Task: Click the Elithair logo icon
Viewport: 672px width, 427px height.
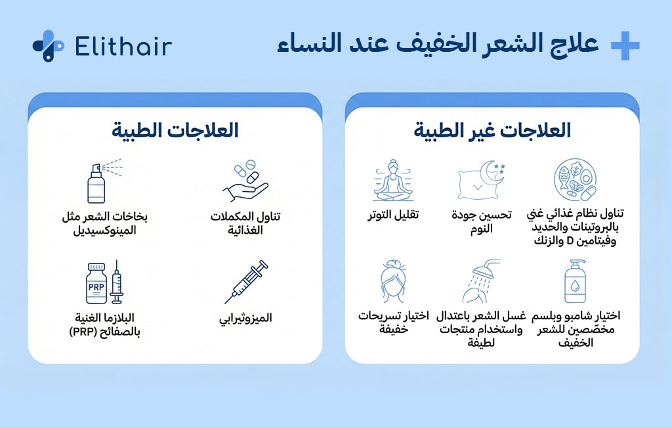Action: [x=48, y=46]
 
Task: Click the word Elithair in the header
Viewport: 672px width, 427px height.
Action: [x=123, y=46]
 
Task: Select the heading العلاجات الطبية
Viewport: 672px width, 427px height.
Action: [x=175, y=130]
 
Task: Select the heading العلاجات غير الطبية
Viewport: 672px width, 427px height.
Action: [x=492, y=130]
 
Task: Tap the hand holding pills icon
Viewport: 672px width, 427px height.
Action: [x=245, y=181]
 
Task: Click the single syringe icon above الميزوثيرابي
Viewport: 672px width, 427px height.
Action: [x=245, y=282]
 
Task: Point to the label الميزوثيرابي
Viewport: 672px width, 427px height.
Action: [x=245, y=318]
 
